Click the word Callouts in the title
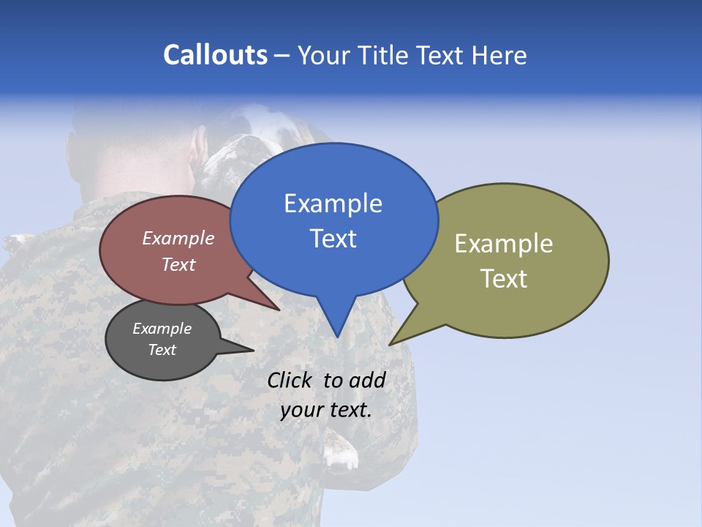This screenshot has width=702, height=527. coord(215,55)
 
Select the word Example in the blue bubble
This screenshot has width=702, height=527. coord(333,203)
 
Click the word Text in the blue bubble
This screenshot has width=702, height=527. coord(333,239)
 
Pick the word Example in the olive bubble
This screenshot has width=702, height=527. coord(504,244)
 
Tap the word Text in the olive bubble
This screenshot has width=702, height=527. coord(504,279)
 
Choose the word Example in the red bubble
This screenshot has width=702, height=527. coord(178,239)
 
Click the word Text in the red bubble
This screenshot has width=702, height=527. coord(178,265)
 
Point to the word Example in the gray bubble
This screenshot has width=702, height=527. coord(162,329)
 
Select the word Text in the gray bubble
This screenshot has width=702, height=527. coord(162,350)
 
